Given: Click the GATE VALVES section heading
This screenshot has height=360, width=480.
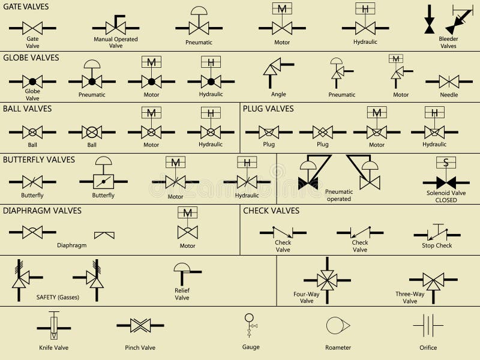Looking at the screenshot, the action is pos(26,7).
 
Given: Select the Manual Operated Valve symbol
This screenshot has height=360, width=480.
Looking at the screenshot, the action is pos(116,26).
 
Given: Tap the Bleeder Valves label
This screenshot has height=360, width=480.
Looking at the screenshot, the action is pos(448,42).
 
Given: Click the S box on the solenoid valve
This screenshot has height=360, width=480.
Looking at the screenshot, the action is pos(446,163).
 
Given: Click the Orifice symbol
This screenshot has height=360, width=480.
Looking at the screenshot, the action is pos(428,326).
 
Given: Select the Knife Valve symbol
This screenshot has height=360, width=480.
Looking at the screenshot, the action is pos(54,327).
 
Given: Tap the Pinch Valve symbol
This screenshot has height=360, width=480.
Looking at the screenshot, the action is pos(140,326).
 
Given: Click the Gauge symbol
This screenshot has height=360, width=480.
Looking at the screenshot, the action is pos(250,325).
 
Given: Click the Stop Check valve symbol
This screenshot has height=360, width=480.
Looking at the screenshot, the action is pos(437,232).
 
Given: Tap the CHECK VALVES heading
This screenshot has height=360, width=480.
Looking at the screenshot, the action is pos(271,211).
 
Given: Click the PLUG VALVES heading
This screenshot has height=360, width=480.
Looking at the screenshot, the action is pos(268,109).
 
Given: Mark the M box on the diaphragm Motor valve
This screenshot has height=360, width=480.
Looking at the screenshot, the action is pos(187,212).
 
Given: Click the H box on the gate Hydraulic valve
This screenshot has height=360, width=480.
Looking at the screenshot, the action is pos(365,8).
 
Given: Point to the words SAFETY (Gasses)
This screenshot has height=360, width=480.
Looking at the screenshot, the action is pos(58,297).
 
